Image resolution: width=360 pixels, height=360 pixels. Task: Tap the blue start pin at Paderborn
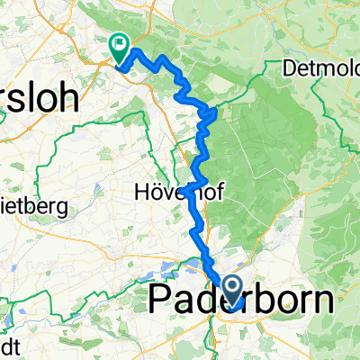[x=231, y=291]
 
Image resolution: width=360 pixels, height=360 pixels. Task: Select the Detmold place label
[x=320, y=68]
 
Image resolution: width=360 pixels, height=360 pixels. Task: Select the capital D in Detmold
[x=290, y=68]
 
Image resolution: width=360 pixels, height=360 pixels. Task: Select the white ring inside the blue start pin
[x=231, y=286]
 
